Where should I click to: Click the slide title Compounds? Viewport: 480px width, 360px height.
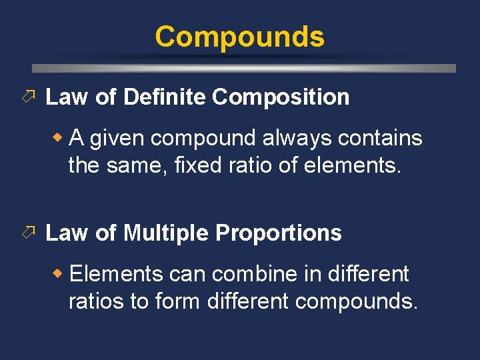[x=239, y=37]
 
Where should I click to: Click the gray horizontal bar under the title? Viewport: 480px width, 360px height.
[x=244, y=68]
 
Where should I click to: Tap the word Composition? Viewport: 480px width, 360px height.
[x=281, y=97]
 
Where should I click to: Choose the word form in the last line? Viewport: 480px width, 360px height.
[x=178, y=301]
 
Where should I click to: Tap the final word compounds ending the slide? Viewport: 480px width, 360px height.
[x=356, y=301]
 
